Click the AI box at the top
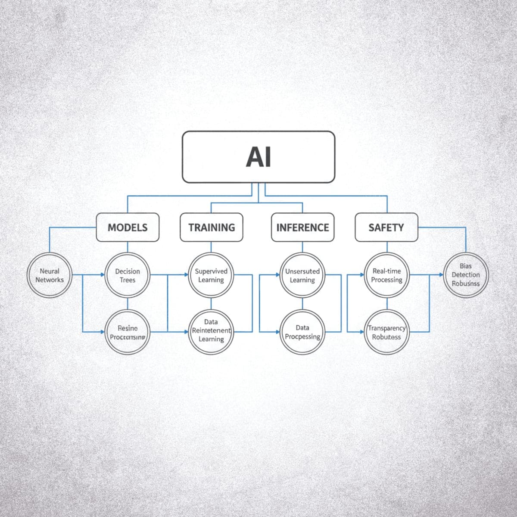tap(258, 157)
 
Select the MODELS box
tap(127, 227)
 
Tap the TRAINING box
tap(211, 227)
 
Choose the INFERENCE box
tap(302, 227)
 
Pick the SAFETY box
tap(386, 227)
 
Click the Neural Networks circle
tap(50, 275)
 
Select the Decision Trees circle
tap(128, 275)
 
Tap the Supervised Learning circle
tap(211, 275)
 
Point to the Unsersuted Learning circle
tap(302, 275)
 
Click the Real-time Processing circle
tap(386, 275)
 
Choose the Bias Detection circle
tap(466, 275)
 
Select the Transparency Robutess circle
tap(386, 332)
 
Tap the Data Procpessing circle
tap(302, 332)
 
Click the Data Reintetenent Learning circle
tap(211, 330)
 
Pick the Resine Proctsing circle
tap(128, 332)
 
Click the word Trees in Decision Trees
tap(128, 280)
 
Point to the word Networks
tap(50, 280)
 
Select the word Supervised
tap(211, 271)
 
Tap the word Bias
tap(466, 266)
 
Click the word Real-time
tap(386, 271)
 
